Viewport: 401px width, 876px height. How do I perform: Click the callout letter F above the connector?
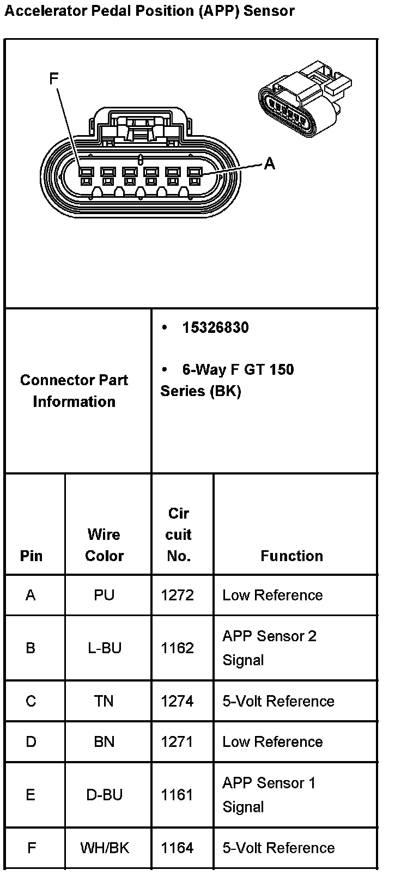(53, 79)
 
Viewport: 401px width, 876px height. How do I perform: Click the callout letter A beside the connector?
(269, 163)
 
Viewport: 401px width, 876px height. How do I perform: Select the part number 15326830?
(215, 327)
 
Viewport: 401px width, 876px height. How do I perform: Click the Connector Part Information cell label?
(74, 391)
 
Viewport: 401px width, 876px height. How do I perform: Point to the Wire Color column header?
(104, 545)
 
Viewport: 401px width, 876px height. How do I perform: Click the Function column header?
(291, 556)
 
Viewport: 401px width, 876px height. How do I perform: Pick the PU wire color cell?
(104, 595)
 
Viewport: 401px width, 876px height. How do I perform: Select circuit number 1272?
(177, 595)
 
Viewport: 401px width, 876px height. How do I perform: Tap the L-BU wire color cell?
(104, 648)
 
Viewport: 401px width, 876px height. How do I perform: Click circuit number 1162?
(177, 648)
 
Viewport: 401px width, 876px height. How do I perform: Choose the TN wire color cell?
(104, 701)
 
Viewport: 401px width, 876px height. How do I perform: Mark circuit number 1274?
(177, 701)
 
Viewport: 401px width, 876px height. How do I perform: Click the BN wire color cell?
(104, 741)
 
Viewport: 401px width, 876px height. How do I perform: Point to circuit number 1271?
(177, 741)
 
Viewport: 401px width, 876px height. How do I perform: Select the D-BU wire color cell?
(104, 795)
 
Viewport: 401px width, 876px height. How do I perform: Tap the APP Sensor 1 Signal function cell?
(269, 795)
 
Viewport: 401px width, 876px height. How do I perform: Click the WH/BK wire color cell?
(105, 848)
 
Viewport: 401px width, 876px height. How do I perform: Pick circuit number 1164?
(177, 848)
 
